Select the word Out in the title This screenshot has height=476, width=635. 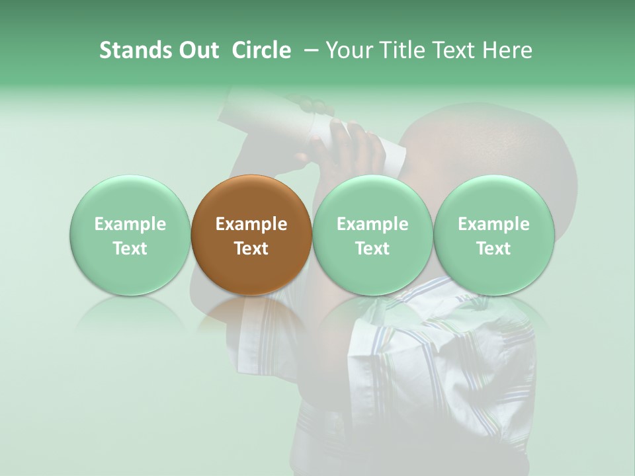click(x=197, y=50)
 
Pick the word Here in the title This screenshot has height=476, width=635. click(x=509, y=50)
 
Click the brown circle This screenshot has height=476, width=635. click(x=251, y=235)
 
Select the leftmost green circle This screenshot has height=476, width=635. click(x=130, y=235)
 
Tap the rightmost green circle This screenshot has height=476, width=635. click(x=493, y=235)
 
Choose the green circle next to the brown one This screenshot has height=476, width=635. click(x=372, y=235)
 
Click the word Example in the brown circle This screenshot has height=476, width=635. click(x=251, y=224)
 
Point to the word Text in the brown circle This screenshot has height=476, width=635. click(x=251, y=249)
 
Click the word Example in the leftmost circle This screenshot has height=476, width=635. click(x=130, y=224)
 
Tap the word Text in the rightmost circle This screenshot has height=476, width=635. click(x=493, y=249)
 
